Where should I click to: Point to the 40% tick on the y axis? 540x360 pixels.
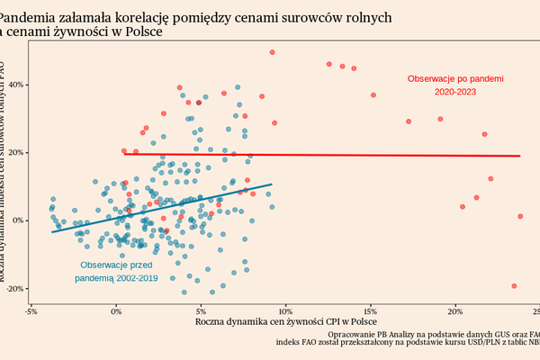[13, 85]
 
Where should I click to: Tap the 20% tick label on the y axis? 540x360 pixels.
[13, 153]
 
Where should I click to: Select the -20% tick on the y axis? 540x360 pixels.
[12, 289]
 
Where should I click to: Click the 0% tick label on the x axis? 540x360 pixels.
[116, 312]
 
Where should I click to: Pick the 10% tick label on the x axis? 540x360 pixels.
[285, 312]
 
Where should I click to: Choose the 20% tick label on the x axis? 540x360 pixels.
[455, 312]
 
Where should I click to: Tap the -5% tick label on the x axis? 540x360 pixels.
[31, 312]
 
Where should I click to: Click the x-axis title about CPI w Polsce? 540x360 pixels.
[284, 322]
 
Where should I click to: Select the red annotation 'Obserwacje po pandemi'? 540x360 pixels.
[455, 79]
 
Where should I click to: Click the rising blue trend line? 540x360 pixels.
[162, 208]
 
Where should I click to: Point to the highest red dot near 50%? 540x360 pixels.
[272, 52]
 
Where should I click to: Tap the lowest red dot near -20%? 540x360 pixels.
[514, 286]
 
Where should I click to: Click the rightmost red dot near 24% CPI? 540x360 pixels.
[520, 216]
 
